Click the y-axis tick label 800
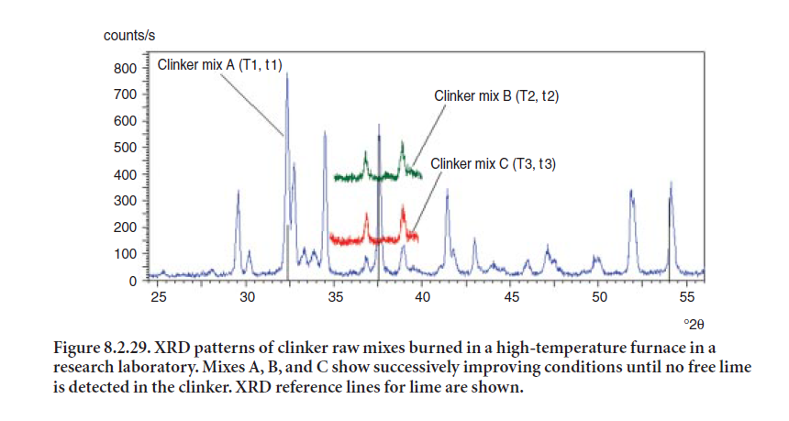126,69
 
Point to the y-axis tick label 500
126,148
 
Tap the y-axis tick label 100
126,254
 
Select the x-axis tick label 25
159,297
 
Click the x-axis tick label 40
423,297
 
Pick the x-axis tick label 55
687,297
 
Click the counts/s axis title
129,36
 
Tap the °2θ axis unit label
694,325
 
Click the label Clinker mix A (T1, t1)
220,65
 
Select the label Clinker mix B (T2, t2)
496,96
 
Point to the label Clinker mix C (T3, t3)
494,164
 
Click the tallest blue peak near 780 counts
287,73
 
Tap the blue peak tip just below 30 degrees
238,191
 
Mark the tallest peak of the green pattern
402,142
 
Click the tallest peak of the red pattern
403,205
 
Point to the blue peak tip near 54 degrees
671,183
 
